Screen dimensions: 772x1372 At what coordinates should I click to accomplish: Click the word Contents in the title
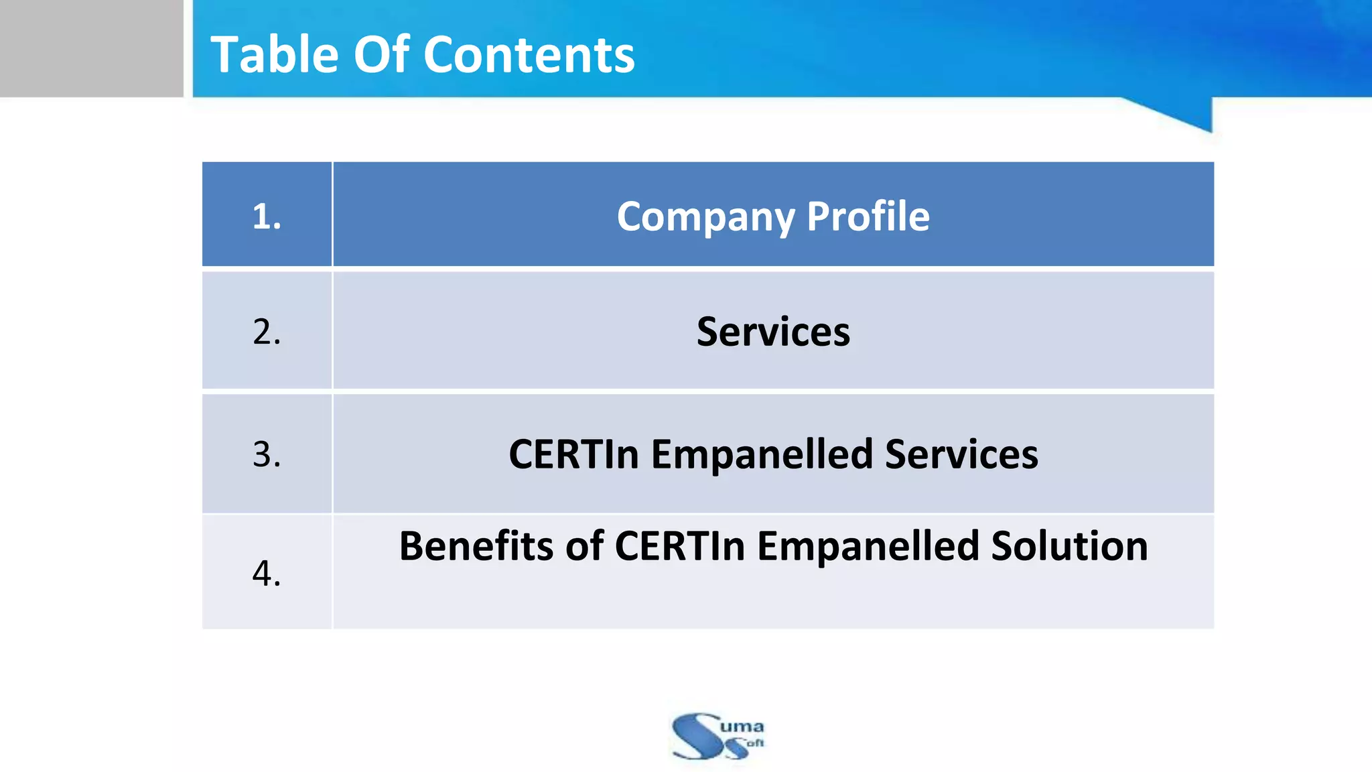[529, 54]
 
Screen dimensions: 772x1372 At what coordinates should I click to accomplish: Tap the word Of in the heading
[381, 54]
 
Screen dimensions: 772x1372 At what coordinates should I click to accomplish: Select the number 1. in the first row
[267, 216]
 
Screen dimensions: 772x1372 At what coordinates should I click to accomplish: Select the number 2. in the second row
[267, 332]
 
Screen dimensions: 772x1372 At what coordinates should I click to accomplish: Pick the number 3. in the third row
[267, 454]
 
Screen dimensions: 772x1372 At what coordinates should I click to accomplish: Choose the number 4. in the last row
[267, 573]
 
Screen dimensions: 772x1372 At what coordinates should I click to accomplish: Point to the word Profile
[868, 216]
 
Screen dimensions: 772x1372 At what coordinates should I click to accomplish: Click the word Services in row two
[773, 332]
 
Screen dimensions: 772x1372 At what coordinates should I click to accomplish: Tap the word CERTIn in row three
[573, 454]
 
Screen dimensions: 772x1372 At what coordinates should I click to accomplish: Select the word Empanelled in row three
[762, 454]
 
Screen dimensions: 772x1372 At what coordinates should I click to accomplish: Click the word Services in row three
[961, 454]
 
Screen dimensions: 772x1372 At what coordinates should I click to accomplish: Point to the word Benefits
[476, 545]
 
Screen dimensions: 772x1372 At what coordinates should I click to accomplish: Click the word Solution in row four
[1069, 545]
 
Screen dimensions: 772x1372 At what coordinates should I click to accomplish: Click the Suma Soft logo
[717, 736]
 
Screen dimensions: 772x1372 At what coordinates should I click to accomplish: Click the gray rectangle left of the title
[91, 48]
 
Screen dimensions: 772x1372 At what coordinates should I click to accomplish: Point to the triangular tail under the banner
[1186, 113]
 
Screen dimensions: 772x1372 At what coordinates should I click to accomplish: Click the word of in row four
[585, 545]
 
